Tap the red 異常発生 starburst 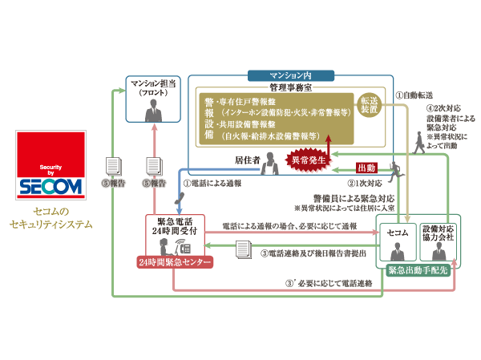309,159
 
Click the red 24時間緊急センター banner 174,262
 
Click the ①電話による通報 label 212,182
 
